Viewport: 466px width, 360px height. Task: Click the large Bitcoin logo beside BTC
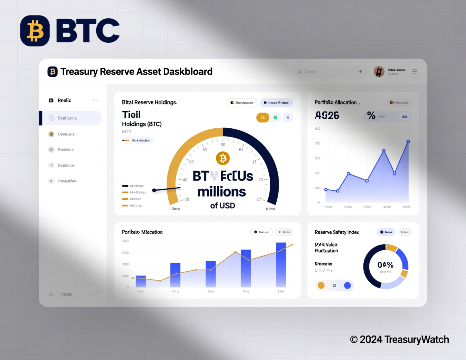[x=35, y=31]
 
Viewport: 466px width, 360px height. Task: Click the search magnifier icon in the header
[x=300, y=72]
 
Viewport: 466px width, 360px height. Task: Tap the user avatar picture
[x=379, y=72]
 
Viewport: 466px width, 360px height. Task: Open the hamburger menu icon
[x=414, y=72]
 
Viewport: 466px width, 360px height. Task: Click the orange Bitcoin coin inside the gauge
[x=223, y=158]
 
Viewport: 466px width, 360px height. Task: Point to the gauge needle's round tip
[x=154, y=190]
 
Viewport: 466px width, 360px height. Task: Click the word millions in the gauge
[x=222, y=192]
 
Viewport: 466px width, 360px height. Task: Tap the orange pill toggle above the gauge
[x=263, y=118]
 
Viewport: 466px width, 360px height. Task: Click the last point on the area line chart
[x=408, y=141]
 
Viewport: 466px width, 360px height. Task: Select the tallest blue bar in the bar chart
[x=281, y=265]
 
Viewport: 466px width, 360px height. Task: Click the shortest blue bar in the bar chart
[x=141, y=281]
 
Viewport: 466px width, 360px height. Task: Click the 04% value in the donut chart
[x=385, y=265]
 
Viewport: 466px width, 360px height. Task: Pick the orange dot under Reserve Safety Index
[x=321, y=285]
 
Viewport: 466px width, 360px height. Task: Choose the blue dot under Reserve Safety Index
[x=347, y=285]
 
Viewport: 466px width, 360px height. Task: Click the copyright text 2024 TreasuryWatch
[x=400, y=339]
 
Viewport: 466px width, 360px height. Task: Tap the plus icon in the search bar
[x=360, y=72]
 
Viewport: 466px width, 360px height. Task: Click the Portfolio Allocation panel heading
[x=336, y=102]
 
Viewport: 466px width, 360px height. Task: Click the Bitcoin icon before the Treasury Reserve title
[x=53, y=72]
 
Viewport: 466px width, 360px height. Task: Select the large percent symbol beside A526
[x=371, y=115]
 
